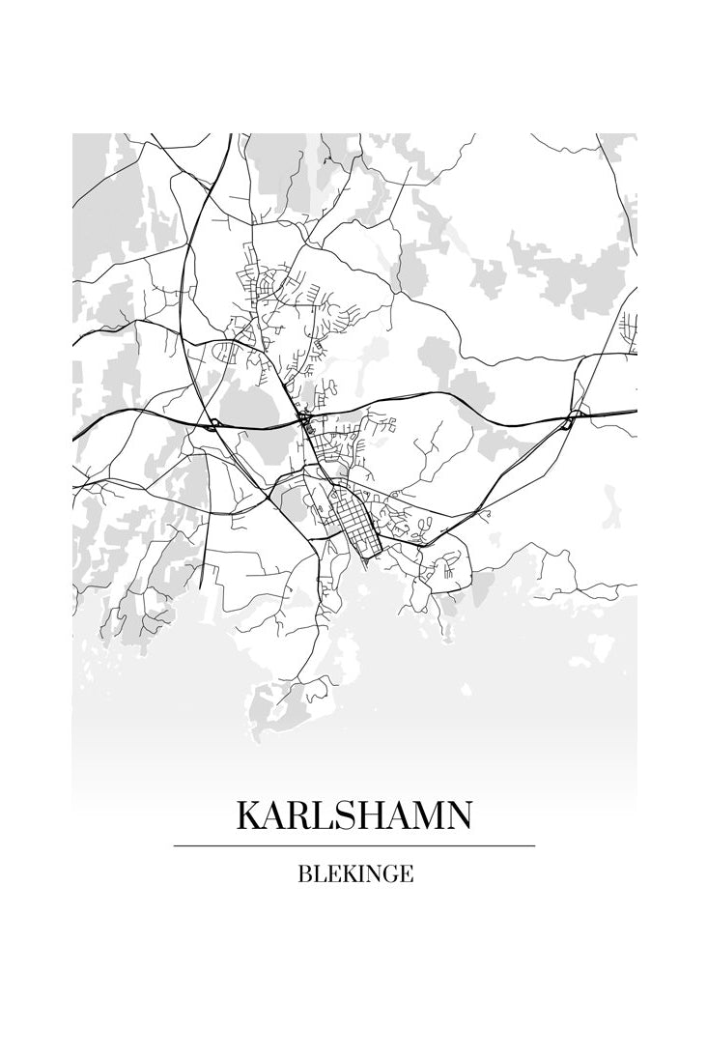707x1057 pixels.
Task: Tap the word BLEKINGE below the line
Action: (355, 874)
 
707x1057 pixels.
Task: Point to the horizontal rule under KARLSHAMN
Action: (354, 846)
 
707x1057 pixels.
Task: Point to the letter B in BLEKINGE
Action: (305, 874)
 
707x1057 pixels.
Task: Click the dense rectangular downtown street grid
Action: (353, 518)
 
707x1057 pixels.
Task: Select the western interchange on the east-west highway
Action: (212, 422)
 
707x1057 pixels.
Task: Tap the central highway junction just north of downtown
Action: (304, 421)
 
